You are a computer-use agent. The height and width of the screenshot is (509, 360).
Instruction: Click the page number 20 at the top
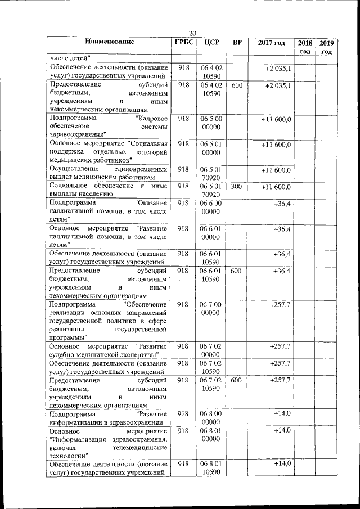(192, 33)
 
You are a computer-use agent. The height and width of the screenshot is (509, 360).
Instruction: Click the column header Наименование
(110, 42)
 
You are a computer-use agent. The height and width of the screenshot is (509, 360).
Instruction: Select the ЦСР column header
(213, 43)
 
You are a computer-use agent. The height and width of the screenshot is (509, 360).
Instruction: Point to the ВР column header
(237, 43)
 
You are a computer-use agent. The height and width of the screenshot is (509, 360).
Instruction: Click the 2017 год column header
(272, 43)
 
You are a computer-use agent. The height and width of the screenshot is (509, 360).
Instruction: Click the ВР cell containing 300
(237, 186)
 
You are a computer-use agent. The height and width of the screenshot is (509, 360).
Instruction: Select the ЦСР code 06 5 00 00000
(213, 123)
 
